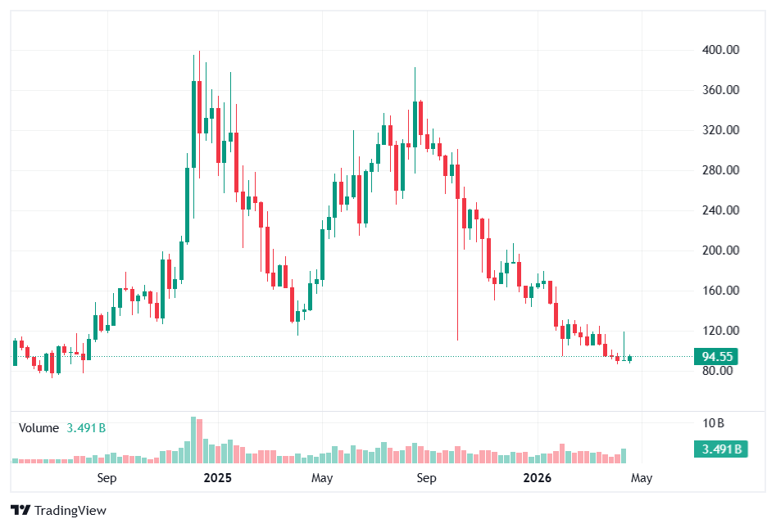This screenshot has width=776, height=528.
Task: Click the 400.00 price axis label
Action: click(722, 50)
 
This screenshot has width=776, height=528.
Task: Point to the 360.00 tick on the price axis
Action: click(722, 90)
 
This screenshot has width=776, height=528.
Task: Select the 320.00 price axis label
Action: click(722, 130)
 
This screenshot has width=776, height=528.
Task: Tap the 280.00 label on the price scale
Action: click(722, 170)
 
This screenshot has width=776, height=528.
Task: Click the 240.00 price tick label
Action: click(722, 210)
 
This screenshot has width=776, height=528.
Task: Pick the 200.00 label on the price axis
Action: click(722, 250)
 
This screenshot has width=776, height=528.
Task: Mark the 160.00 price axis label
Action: click(722, 291)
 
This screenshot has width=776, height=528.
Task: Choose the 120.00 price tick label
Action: click(722, 331)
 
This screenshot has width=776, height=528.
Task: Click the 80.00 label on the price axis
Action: click(719, 371)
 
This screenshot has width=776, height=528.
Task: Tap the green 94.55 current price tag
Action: click(717, 357)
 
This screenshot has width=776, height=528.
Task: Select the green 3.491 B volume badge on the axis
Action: click(720, 449)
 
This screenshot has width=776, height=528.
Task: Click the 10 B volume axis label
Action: click(714, 423)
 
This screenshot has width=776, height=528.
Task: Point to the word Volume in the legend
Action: click(39, 428)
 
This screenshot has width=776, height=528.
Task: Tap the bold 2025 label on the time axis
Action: click(218, 478)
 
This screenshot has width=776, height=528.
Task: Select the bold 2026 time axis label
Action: click(537, 478)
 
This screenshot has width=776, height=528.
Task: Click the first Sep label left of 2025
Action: click(107, 478)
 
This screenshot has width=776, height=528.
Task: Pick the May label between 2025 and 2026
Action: click(322, 478)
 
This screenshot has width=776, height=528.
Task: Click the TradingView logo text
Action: click(70, 511)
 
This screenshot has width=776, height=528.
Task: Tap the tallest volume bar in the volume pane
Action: click(194, 440)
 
